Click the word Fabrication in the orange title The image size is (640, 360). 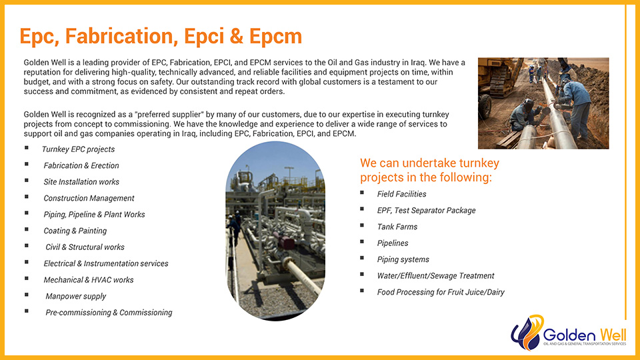(121, 36)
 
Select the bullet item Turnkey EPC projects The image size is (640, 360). (78, 149)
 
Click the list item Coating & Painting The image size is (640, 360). (75, 231)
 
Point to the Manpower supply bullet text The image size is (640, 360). (75, 296)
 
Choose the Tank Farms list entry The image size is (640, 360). (397, 227)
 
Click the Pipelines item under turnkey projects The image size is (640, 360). (393, 243)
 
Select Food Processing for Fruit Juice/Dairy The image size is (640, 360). (441, 292)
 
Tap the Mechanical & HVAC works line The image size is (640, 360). (89, 280)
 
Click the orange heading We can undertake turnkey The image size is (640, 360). (429, 163)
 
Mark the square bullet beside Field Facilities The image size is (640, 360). (362, 193)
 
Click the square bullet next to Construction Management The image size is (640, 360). (27, 197)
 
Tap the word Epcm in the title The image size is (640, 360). (275, 36)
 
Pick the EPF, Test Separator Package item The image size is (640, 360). (426, 211)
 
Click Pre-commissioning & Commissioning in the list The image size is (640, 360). (109, 313)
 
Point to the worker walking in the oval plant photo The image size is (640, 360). (234, 229)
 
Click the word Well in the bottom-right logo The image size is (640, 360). (611, 335)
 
